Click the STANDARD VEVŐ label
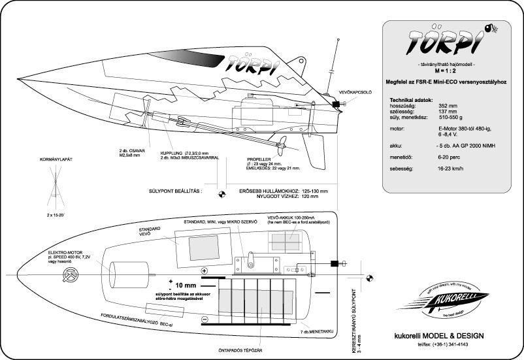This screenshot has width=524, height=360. [x=149, y=233]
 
